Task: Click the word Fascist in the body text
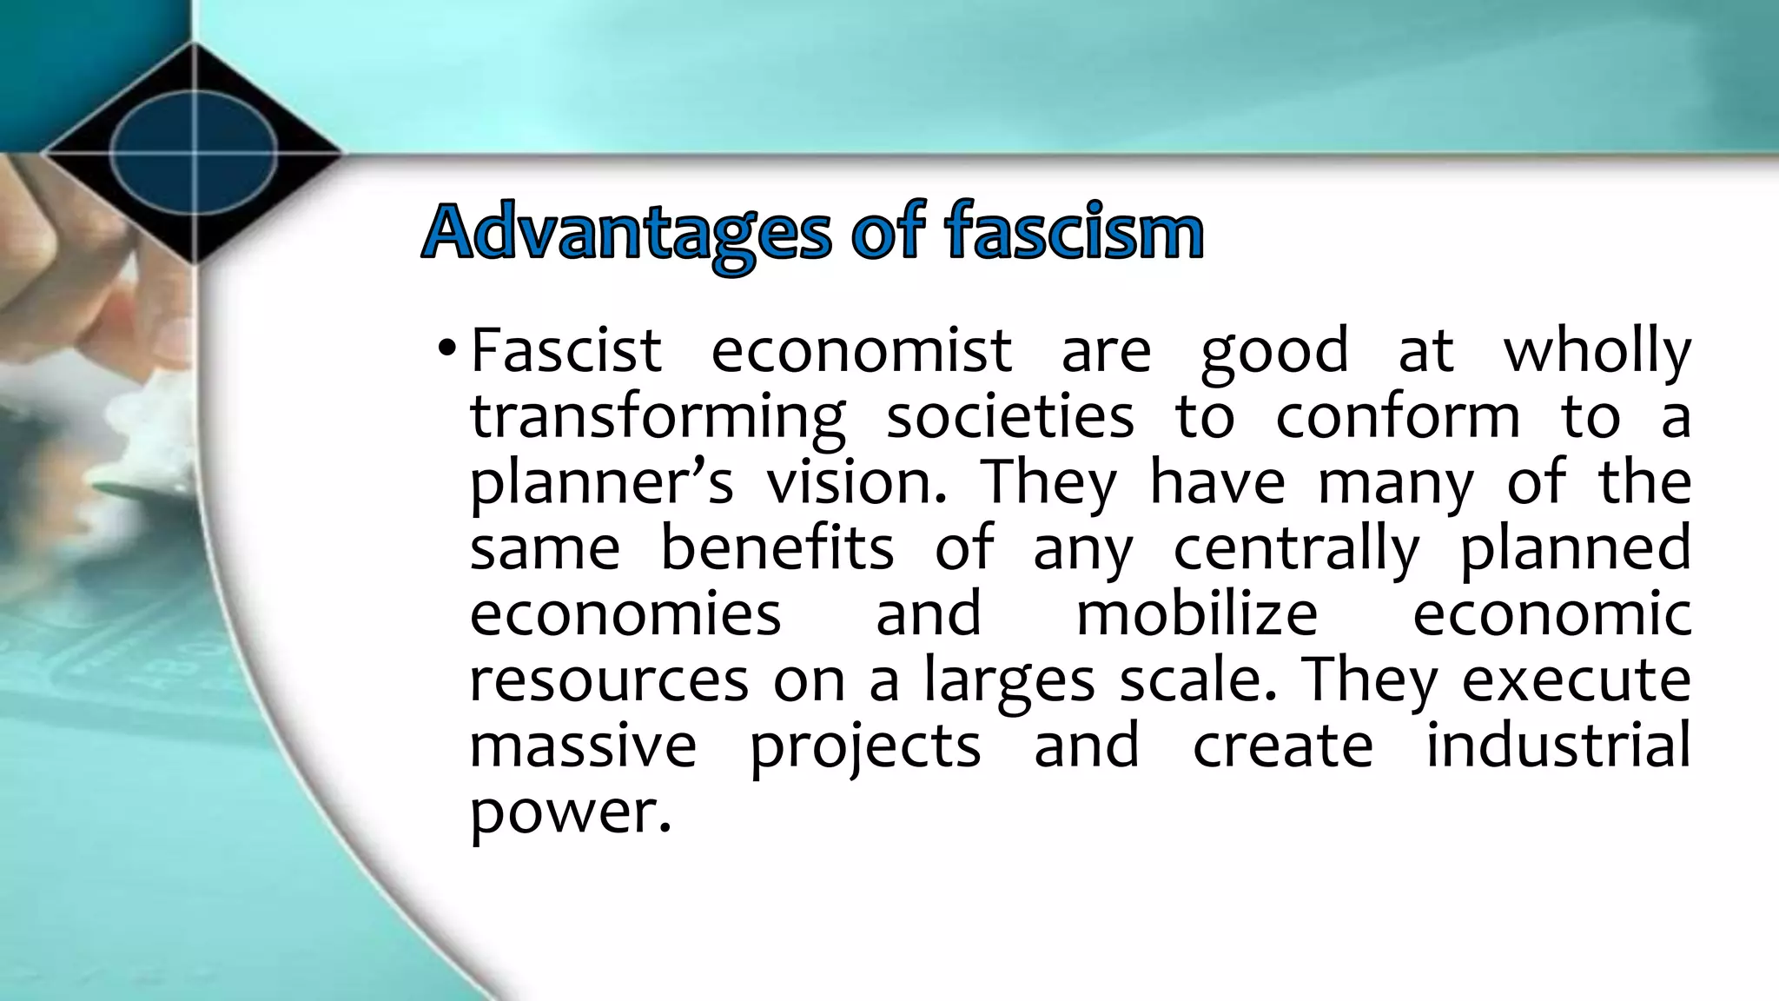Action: pyautogui.click(x=566, y=350)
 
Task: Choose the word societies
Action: pyautogui.click(x=1009, y=416)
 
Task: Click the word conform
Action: pyautogui.click(x=1398, y=416)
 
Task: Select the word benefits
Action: pyautogui.click(x=777, y=548)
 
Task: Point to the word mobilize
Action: pyautogui.click(x=1197, y=614)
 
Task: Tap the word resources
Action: pyautogui.click(x=609, y=680)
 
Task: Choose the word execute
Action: pyautogui.click(x=1576, y=680)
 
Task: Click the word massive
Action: pyautogui.click(x=583, y=746)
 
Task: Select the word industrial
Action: pyautogui.click(x=1558, y=745)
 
